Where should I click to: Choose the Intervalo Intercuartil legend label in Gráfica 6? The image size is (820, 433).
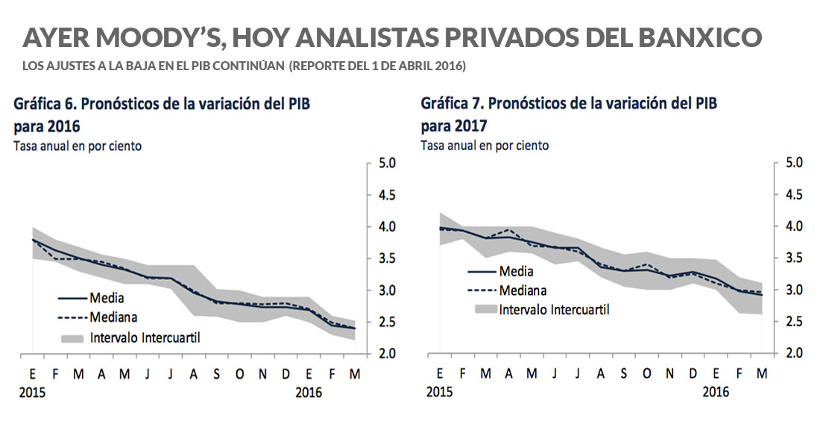click(x=145, y=337)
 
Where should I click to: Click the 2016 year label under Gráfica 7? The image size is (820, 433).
click(x=716, y=392)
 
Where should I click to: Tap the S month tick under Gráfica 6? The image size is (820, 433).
click(x=216, y=374)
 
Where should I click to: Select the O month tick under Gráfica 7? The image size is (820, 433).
click(x=646, y=374)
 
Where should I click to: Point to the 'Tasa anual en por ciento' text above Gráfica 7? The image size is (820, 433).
click(x=485, y=146)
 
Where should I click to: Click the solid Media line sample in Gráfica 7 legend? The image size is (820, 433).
click(x=482, y=272)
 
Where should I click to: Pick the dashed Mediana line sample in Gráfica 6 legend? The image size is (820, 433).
click(x=72, y=317)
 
